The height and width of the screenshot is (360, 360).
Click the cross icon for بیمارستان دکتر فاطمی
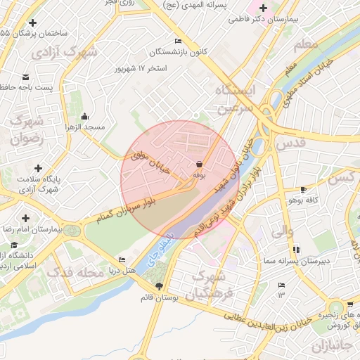[x=263, y=8]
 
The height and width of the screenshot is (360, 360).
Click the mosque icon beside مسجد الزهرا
[x=85, y=117]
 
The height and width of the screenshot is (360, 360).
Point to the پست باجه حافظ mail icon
[x=26, y=77]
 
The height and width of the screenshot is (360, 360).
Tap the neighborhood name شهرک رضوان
[x=28, y=129]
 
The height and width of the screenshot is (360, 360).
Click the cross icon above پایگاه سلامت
[x=38, y=169]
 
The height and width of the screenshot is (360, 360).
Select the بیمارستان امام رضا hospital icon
[x=26, y=218]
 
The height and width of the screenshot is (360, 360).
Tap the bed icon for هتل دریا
[x=123, y=259]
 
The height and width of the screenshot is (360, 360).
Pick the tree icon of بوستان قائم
[x=158, y=286]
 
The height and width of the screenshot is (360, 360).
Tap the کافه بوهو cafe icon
[x=303, y=189]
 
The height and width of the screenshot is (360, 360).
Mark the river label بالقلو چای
[x=160, y=245]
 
